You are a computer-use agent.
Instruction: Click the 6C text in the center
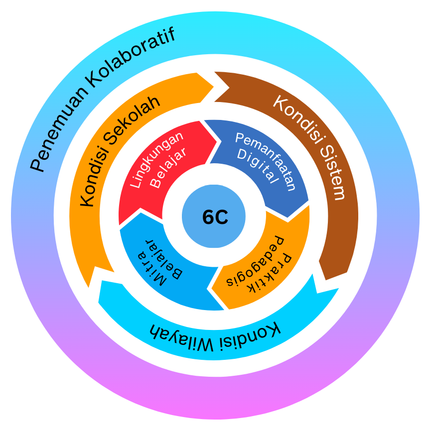coord(215,217)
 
